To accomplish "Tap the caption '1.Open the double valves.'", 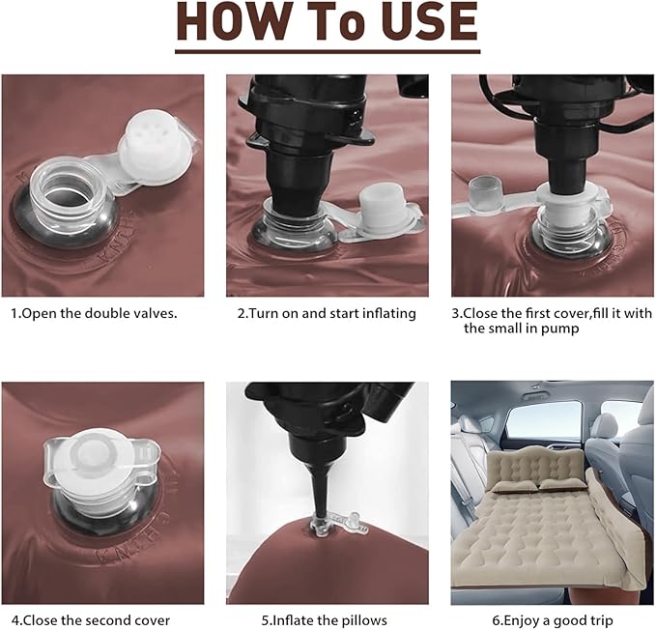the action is [94, 313].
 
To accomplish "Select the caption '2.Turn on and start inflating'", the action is [327, 313].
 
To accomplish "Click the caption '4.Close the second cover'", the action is [91, 619].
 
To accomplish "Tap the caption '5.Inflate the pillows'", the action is [325, 619].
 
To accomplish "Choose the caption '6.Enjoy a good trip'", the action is [553, 619].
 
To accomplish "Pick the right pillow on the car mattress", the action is [559, 484].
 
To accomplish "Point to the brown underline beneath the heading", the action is [328, 51].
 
